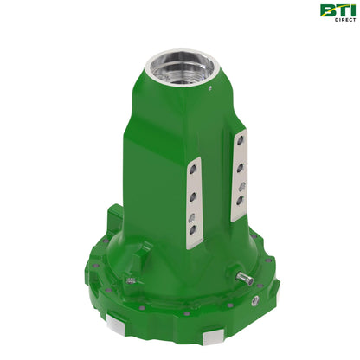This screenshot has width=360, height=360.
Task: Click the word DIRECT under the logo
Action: pos(345,20)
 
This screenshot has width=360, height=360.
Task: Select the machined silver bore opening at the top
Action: pos(180,67)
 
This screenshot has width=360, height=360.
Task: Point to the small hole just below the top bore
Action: pos(210,88)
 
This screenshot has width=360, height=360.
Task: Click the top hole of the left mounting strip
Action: pos(191,169)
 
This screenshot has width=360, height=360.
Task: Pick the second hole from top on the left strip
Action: pos(191,197)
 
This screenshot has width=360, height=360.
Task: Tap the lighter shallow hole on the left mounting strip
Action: pos(191,217)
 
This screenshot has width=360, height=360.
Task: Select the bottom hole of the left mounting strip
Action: pos(192,229)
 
